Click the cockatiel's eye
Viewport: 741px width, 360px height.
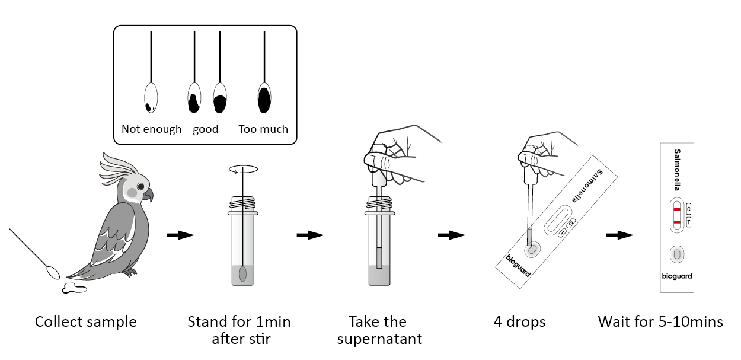(141, 187)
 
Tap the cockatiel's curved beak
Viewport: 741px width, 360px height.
(148, 195)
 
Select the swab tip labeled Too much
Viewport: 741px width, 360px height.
(264, 97)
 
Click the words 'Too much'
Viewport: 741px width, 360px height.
(263, 129)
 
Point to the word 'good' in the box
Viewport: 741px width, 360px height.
(206, 129)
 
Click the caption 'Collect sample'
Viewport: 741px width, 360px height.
(86, 322)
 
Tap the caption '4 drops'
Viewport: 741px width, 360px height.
(519, 322)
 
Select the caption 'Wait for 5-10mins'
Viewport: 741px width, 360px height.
(660, 322)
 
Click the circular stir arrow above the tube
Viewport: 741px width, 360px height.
(243, 170)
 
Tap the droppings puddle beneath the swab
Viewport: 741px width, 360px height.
(74, 289)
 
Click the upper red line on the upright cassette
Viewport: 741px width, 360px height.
(676, 209)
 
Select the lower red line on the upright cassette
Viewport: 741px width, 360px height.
(676, 222)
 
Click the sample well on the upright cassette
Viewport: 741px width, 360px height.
(676, 254)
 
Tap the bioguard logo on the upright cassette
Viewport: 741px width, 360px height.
(676, 276)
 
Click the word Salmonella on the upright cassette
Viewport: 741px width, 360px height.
(677, 170)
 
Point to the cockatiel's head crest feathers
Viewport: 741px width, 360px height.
(116, 164)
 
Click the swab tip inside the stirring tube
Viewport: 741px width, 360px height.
(243, 275)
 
